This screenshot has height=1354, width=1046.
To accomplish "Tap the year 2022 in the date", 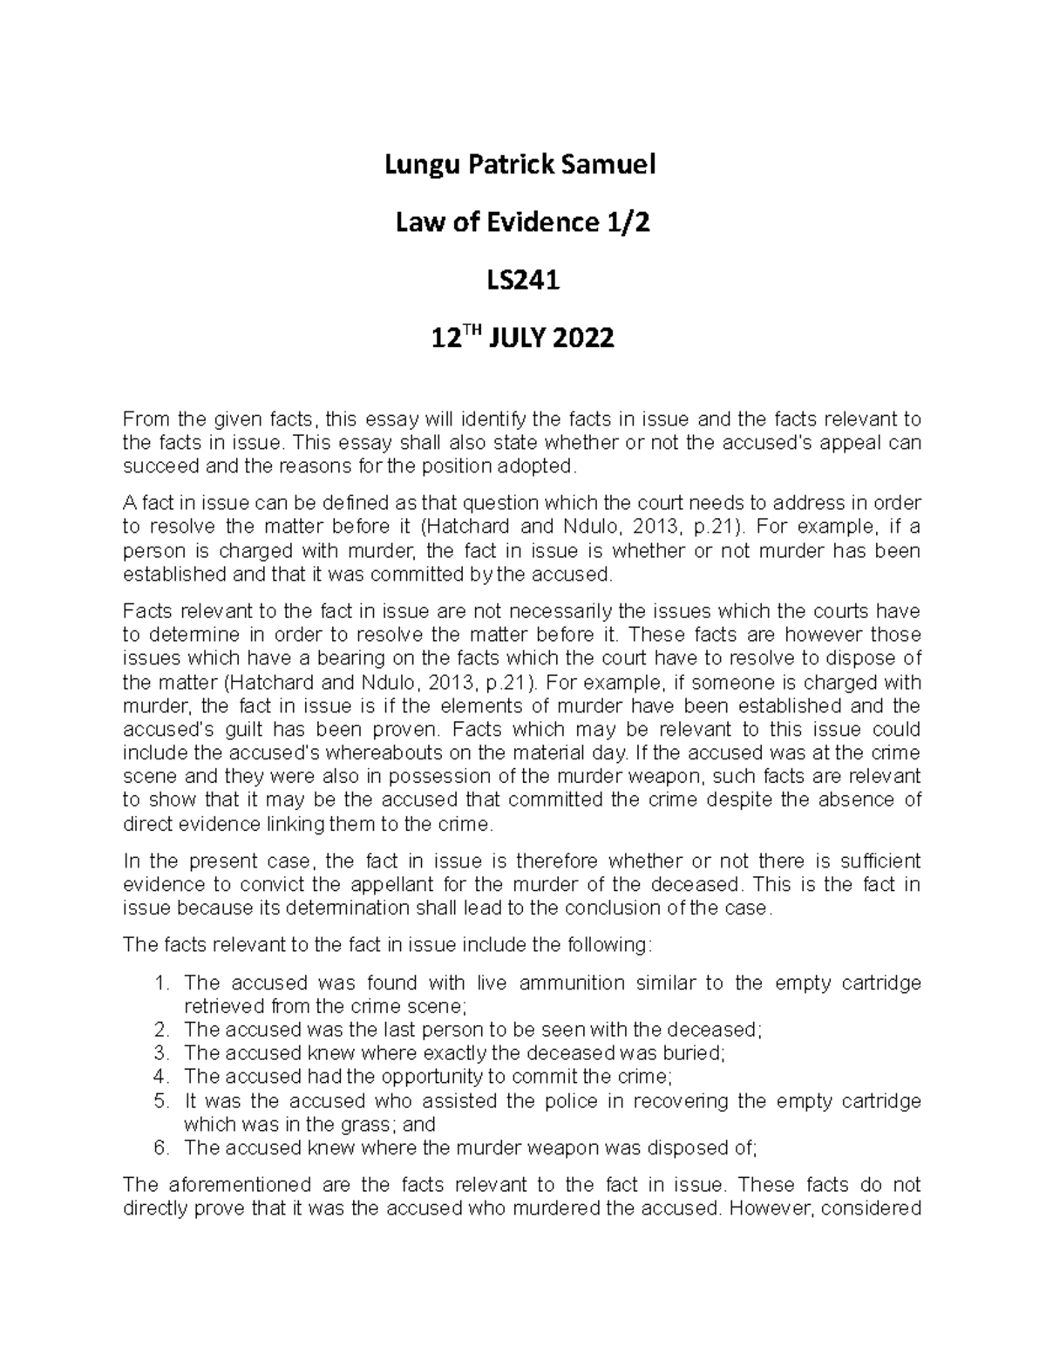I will [x=579, y=337].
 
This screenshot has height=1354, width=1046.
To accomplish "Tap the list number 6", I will [x=159, y=1147].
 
